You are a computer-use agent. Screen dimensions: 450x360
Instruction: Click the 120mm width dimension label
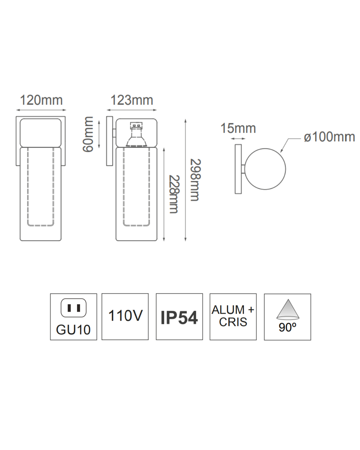(41, 100)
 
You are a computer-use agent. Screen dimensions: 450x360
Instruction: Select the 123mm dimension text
(132, 100)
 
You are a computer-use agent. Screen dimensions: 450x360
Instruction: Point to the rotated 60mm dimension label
(88, 134)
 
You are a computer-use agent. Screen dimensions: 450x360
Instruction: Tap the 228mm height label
(174, 194)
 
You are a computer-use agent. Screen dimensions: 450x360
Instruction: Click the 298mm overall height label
(195, 180)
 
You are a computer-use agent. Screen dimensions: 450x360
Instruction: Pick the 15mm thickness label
(238, 128)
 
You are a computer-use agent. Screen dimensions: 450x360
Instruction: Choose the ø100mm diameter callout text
(329, 137)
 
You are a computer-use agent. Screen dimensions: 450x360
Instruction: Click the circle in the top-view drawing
(265, 169)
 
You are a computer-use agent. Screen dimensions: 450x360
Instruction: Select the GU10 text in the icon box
(73, 330)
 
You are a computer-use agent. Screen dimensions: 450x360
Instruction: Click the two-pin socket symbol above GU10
(73, 308)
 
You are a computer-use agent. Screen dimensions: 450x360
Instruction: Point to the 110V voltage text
(125, 316)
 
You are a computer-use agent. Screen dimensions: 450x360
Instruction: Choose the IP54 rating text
(179, 317)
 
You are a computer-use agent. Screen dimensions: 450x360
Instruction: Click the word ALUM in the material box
(228, 310)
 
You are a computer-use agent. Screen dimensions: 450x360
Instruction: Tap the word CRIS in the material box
(233, 322)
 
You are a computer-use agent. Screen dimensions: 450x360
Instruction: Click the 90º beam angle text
(287, 327)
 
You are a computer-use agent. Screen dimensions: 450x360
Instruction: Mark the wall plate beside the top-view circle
(238, 169)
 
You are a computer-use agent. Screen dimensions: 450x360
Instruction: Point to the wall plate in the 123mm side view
(109, 141)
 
